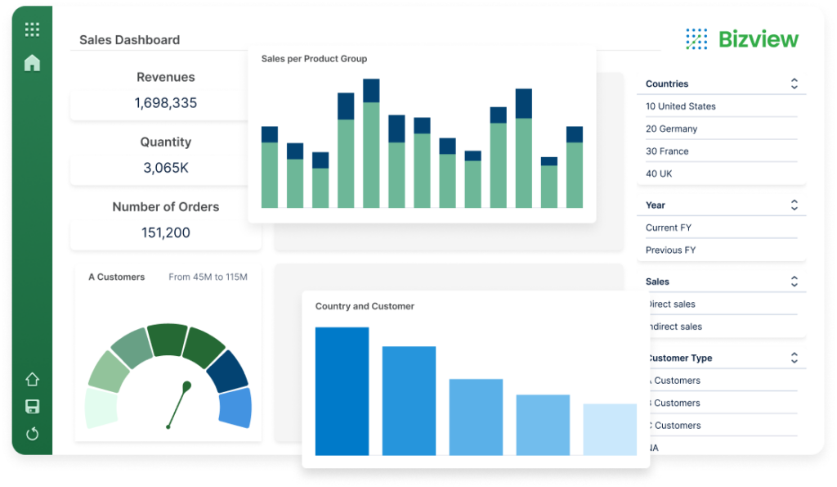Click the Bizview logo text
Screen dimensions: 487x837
pyautogui.click(x=758, y=38)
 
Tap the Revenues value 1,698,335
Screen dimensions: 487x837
pyautogui.click(x=166, y=103)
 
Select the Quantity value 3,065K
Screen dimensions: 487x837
pyautogui.click(x=166, y=168)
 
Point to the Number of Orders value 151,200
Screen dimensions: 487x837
pyautogui.click(x=166, y=232)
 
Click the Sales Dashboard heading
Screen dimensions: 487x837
pyautogui.click(x=129, y=40)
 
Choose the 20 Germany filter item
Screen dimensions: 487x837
pyautogui.click(x=671, y=129)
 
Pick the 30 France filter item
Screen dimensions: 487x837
pyautogui.click(x=667, y=151)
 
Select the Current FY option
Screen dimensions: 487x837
pyautogui.click(x=669, y=228)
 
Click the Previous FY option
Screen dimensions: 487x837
pyautogui.click(x=670, y=250)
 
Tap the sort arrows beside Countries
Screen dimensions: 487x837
pyautogui.click(x=794, y=83)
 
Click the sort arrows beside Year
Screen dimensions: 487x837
pyautogui.click(x=794, y=205)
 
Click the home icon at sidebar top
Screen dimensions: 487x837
pyautogui.click(x=32, y=63)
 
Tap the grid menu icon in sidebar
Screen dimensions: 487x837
pyautogui.click(x=32, y=30)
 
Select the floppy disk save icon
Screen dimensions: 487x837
pyautogui.click(x=32, y=407)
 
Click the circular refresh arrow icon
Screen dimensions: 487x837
pyautogui.click(x=32, y=434)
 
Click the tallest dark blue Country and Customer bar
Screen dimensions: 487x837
pyautogui.click(x=342, y=391)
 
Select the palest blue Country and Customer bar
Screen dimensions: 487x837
pyautogui.click(x=610, y=429)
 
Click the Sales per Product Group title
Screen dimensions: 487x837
pyautogui.click(x=314, y=59)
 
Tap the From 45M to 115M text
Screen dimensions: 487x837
pyautogui.click(x=208, y=277)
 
